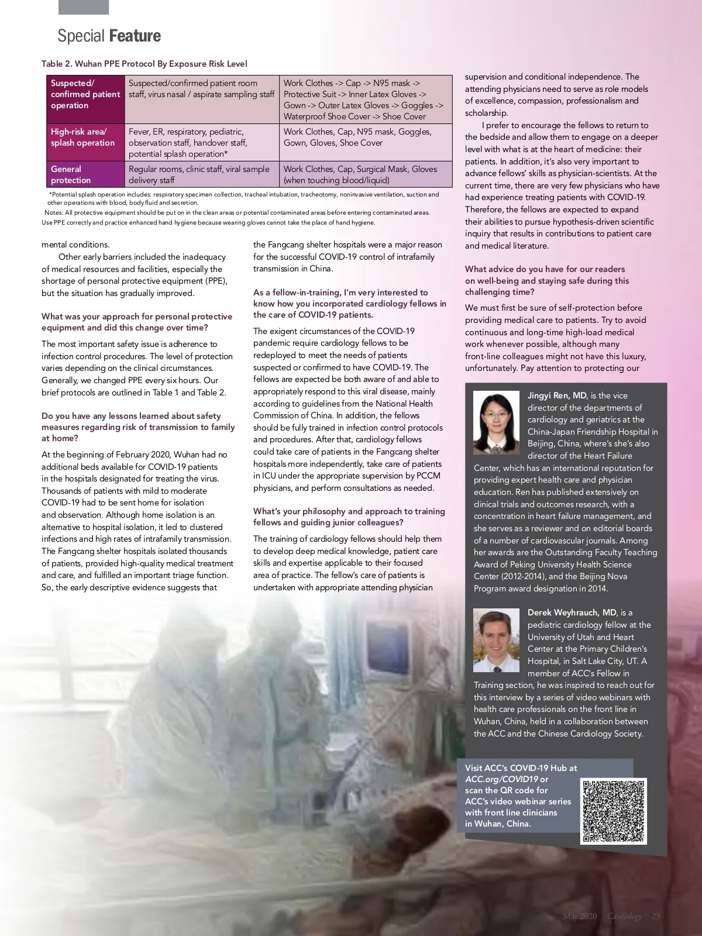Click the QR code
tap(614, 811)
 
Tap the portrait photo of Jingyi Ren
tap(496, 422)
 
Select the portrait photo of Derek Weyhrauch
tap(496, 640)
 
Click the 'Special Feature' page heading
tap(109, 36)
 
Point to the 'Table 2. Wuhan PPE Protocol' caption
tap(144, 64)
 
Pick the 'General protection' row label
tap(85, 174)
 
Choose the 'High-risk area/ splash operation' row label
tap(85, 137)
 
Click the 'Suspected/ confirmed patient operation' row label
tap(85, 94)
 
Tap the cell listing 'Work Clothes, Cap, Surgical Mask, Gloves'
tap(365, 174)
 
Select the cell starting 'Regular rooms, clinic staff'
tap(201, 174)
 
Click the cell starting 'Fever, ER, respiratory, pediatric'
tap(201, 143)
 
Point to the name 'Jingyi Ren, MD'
tap(557, 395)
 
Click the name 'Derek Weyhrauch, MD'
tap(572, 612)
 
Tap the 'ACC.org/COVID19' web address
tap(501, 779)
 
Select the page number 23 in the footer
tap(655, 916)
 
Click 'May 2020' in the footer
tap(579, 916)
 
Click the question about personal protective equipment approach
tap(137, 322)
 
